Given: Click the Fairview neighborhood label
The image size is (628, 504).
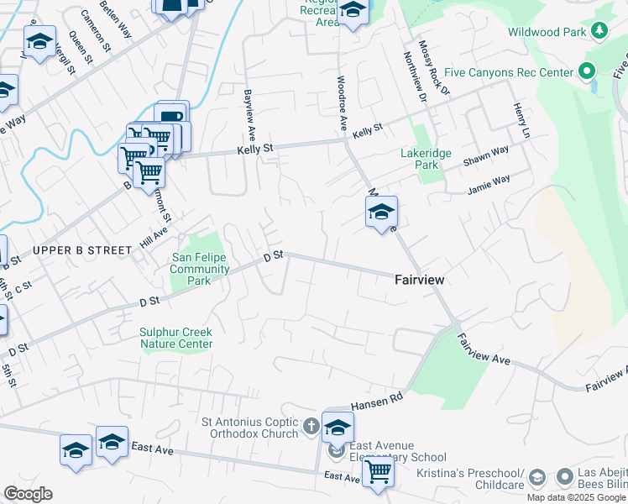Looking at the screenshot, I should (420, 280).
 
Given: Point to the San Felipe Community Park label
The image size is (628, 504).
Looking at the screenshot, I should (200, 269).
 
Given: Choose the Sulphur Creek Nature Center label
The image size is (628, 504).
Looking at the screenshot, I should (176, 338).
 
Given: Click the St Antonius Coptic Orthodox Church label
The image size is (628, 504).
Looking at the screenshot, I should (250, 428).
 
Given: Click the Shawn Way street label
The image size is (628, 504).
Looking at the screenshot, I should (486, 155).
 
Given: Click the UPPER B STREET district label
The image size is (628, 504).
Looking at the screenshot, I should (82, 250).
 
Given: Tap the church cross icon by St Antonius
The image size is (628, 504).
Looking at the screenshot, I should (311, 427).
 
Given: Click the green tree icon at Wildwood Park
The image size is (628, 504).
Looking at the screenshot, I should (599, 32).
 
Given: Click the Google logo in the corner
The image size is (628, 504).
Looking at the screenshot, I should (28, 494).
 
